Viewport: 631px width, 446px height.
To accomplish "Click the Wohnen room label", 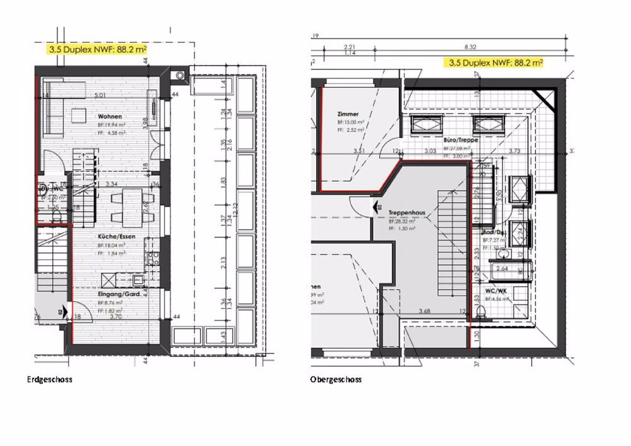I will (x=109, y=117).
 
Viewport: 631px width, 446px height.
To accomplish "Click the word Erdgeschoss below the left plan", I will (x=50, y=380).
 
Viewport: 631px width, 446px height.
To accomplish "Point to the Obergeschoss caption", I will (x=336, y=380).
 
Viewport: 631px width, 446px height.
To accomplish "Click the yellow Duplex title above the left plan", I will (x=98, y=47).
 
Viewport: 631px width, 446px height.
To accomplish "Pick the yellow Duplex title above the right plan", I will (x=495, y=63).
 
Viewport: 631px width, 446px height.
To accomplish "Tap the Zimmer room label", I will (x=348, y=114).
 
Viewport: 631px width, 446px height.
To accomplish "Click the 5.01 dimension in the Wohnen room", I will (x=99, y=95).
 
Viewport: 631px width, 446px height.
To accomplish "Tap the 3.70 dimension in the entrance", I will (x=115, y=316).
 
